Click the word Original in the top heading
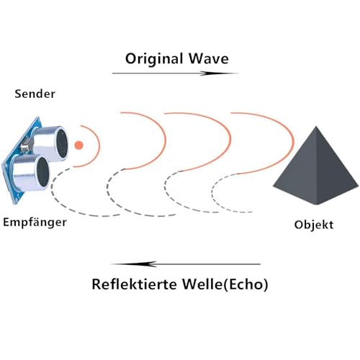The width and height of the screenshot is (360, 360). [x=154, y=59]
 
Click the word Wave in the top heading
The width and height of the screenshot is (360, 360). [x=208, y=58]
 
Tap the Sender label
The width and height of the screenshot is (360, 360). [x=35, y=94]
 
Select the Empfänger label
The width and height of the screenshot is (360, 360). [x=35, y=222]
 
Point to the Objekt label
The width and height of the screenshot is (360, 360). [x=314, y=225]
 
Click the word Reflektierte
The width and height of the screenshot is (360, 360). [x=134, y=284]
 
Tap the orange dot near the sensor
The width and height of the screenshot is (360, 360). [x=78, y=145]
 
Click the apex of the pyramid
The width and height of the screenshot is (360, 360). [x=316, y=126]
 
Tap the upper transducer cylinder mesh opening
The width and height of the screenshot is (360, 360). [x=62, y=144]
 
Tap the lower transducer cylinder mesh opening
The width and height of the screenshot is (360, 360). [x=43, y=172]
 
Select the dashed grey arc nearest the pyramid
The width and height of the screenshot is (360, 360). [x=212, y=192]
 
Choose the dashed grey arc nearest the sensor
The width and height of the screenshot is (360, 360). [x=51, y=189]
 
